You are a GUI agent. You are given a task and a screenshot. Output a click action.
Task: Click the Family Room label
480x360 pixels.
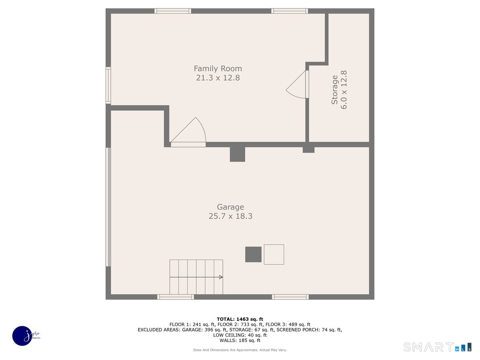218,68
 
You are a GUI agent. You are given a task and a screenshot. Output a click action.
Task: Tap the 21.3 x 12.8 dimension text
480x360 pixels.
218,78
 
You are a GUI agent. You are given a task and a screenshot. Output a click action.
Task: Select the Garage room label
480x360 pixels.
230,207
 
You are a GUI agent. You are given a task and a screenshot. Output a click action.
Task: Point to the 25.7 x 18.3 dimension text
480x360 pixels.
230,216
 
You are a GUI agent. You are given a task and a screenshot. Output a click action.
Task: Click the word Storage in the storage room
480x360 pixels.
334,90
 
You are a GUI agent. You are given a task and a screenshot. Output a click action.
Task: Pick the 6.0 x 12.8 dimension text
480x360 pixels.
344,90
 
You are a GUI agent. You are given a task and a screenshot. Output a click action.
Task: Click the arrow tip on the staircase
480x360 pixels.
221,277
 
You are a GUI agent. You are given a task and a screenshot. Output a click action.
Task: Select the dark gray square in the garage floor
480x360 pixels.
253,254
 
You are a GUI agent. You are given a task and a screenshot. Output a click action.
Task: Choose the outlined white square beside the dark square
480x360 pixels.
274,254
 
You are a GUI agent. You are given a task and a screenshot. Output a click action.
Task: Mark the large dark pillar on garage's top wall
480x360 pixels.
237,154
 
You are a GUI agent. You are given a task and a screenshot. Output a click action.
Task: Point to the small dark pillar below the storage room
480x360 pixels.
308,150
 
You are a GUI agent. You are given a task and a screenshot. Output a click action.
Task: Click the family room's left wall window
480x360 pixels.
108,85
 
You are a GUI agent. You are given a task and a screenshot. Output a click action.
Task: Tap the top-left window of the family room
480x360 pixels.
173,11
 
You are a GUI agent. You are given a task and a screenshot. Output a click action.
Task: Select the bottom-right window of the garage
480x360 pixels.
290,297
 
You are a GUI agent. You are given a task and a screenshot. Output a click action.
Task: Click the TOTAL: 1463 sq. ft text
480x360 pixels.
240,319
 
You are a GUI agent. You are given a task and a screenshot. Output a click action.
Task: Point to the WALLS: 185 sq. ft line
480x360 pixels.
240,340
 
